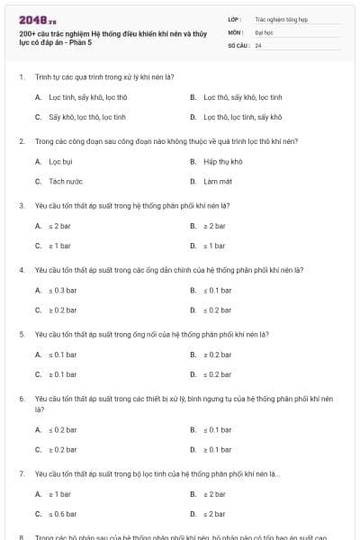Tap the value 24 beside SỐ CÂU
258,45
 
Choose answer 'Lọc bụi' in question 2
60,161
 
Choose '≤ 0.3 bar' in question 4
63,291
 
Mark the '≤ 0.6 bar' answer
63,514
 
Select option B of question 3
213,226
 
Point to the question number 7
21,473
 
